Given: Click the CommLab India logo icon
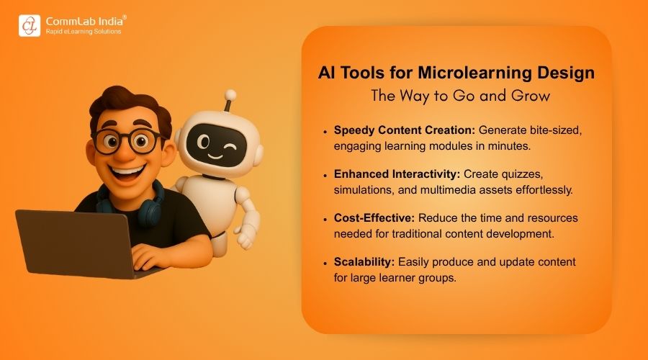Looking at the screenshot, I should (x=30, y=24).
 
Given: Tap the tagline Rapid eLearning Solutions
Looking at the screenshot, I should (x=83, y=32).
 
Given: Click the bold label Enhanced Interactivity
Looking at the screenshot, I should (x=395, y=174).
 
